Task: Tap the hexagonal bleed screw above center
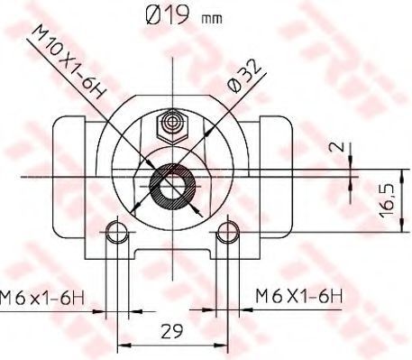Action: pos(170,121)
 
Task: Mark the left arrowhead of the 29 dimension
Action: pos(122,345)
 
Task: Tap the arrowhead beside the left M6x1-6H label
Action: pos(101,313)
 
